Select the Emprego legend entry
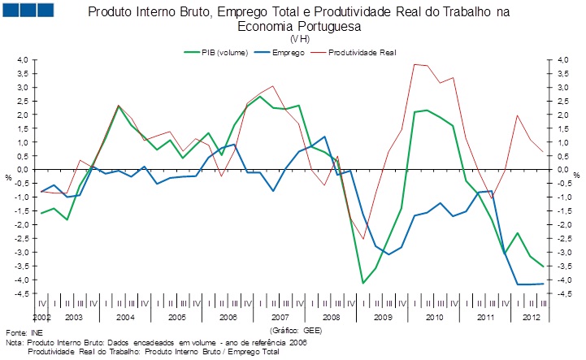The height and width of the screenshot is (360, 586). (x=289, y=51)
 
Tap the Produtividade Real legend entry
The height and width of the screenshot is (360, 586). (x=363, y=51)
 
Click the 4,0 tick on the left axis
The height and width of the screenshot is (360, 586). (x=22, y=60)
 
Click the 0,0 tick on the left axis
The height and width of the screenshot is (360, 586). (x=22, y=170)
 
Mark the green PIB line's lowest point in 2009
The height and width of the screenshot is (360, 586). (x=363, y=283)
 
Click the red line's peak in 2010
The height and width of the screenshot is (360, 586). (x=415, y=64)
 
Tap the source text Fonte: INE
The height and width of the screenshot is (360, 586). (x=24, y=333)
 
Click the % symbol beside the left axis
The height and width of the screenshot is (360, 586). (x=9, y=176)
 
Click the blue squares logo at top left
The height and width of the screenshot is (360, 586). (x=30, y=11)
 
